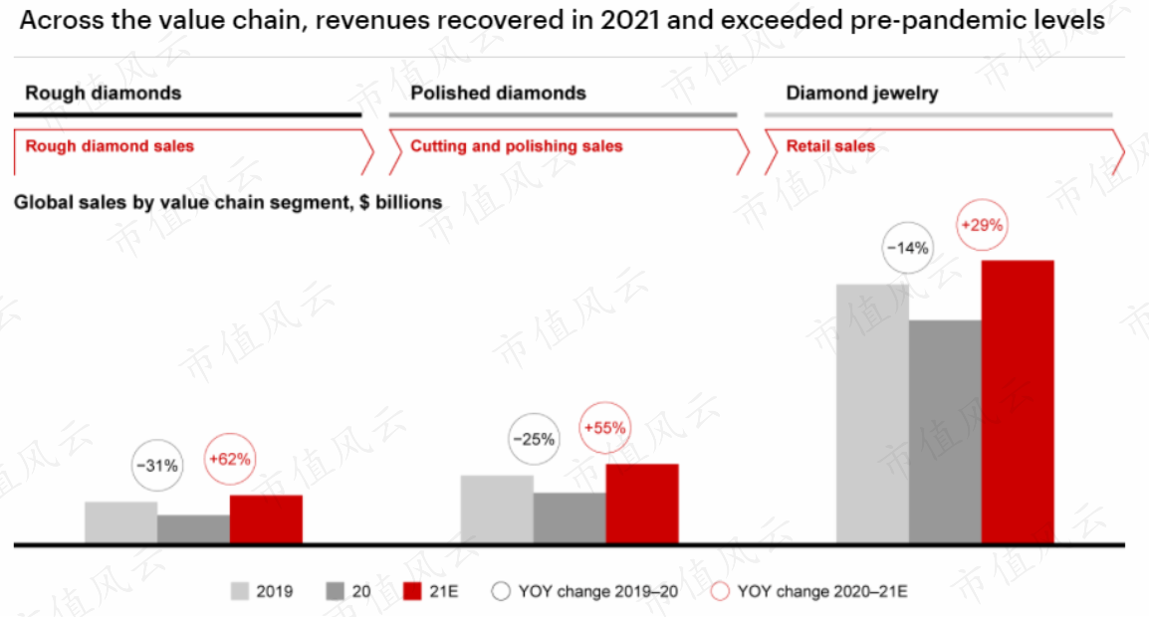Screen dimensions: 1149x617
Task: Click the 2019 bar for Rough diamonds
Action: pos(120,522)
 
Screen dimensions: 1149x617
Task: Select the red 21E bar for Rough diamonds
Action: pos(266,519)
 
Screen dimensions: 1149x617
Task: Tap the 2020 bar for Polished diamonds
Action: pos(570,518)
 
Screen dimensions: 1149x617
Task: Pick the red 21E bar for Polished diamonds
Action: pos(642,504)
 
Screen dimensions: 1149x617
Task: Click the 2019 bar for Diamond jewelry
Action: pos(873,414)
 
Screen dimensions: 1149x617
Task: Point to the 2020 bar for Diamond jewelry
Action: pos(945,432)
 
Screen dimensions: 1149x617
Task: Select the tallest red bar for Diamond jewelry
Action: pos(1018,402)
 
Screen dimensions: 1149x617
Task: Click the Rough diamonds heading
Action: pos(104,94)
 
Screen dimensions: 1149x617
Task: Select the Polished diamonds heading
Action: pos(498,94)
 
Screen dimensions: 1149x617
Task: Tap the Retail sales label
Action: pos(830,146)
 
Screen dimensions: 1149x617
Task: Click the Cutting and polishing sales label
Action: pos(517,146)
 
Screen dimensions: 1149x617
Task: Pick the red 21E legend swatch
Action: pos(412,591)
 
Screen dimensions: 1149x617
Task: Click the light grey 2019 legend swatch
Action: pos(240,591)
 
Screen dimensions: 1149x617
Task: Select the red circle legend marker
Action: pos(720,591)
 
